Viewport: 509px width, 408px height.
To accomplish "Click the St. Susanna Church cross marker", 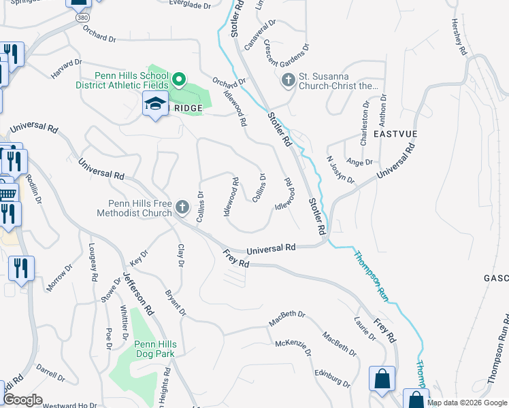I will click(x=288, y=81).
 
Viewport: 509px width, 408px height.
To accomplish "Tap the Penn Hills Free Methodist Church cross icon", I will click(x=182, y=207).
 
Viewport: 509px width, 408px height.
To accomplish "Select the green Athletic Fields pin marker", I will click(x=178, y=81).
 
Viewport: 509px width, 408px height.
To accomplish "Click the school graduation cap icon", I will click(x=155, y=105).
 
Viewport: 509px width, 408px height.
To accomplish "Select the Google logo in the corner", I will click(x=23, y=399).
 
